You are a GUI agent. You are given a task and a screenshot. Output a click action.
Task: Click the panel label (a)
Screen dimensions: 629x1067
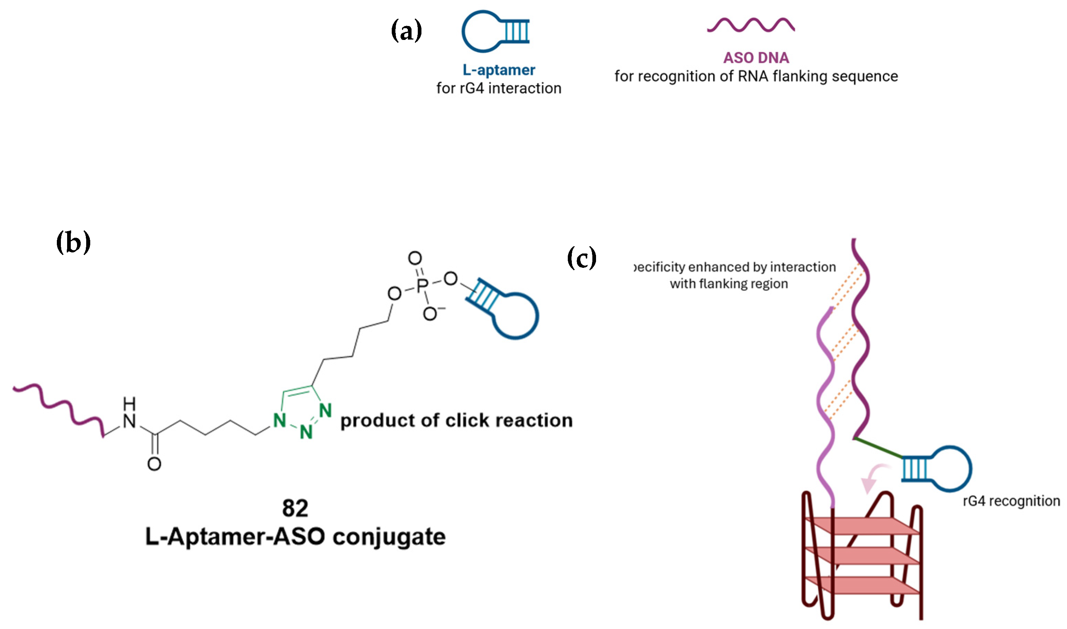click(x=406, y=30)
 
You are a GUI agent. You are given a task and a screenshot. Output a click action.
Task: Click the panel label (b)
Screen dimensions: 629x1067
click(x=73, y=243)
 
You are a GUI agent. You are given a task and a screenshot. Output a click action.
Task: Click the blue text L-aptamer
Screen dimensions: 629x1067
click(x=498, y=70)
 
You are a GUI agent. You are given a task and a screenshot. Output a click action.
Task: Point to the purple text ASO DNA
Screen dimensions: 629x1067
click(x=756, y=58)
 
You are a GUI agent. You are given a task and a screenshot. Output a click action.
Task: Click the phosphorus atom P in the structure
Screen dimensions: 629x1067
click(x=422, y=286)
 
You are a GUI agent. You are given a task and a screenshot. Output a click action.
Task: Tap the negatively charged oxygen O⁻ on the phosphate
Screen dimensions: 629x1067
click(x=431, y=314)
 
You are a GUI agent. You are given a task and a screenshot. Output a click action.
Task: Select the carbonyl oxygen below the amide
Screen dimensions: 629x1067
click(x=154, y=464)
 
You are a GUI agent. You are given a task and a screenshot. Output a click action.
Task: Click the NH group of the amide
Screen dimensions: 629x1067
click(x=129, y=413)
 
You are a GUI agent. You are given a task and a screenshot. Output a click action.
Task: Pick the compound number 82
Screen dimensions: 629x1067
click(x=295, y=508)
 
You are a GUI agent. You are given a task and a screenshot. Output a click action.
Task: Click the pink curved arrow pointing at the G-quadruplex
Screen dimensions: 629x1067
click(x=874, y=479)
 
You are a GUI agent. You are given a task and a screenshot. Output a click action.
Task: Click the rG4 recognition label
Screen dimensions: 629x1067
click(x=1011, y=501)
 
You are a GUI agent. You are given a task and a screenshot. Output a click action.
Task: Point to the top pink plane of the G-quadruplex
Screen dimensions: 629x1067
click(x=861, y=526)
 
